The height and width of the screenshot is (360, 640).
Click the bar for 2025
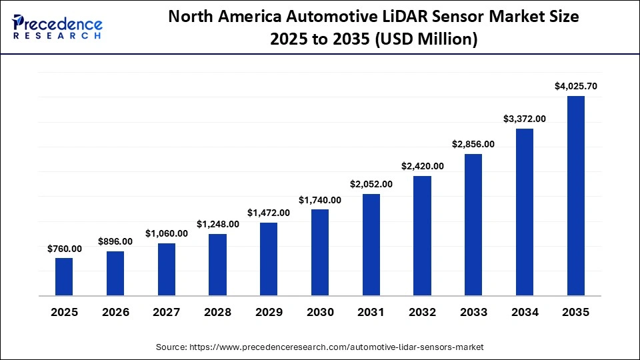click(64, 276)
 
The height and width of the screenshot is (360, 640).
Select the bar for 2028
click(217, 264)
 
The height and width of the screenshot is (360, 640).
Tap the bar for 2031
click(371, 245)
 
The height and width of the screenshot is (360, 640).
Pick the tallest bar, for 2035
click(575, 195)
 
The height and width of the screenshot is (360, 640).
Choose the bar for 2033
click(473, 225)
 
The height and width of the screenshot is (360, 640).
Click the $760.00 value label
click(64, 249)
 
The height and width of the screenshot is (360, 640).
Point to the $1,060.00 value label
click(167, 233)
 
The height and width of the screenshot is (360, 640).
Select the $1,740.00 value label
click(320, 200)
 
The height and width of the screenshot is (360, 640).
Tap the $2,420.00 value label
click(422, 166)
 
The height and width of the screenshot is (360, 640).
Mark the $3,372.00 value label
click(525, 119)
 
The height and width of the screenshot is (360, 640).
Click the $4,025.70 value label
click(575, 86)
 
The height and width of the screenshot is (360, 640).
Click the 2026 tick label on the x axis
click(115, 312)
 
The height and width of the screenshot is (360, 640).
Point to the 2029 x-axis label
click(269, 312)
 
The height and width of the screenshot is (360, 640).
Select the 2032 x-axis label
click(422, 312)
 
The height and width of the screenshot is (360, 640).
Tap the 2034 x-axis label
click(525, 312)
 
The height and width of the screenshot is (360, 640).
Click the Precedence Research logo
click(57, 27)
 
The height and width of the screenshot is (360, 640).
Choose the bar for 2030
click(320, 252)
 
